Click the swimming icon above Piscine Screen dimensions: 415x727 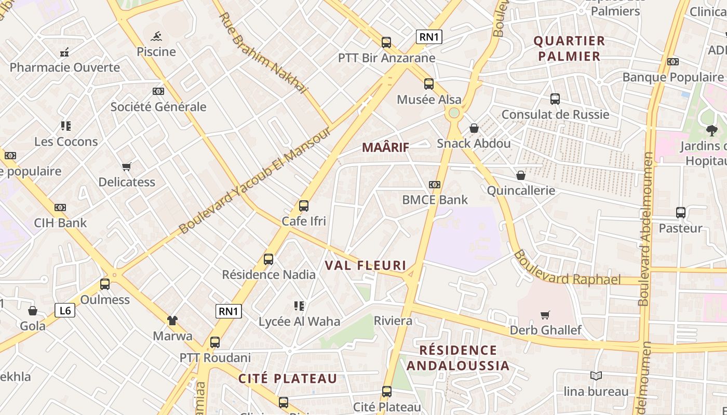click(156, 36)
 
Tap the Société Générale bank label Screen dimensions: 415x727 click(158, 107)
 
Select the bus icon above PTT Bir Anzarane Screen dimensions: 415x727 click(386, 43)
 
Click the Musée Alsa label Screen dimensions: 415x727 click(429, 100)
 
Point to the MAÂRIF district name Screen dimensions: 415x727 click(385, 147)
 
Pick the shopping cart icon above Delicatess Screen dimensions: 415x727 click(127, 167)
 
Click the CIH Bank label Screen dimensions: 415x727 click(60, 223)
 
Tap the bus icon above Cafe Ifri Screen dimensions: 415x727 click(304, 206)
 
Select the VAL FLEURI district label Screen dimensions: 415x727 click(366, 266)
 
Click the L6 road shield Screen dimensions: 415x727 click(65, 311)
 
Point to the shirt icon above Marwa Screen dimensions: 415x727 click(172, 321)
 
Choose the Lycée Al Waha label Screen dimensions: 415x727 click(299, 322)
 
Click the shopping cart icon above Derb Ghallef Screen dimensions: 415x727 click(545, 315)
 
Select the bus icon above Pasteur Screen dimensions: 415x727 click(680, 213)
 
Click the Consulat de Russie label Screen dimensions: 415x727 click(555, 115)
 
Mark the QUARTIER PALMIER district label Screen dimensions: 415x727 click(569, 48)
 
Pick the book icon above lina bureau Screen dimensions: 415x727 click(596, 376)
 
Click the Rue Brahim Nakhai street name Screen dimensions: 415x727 click(263, 53)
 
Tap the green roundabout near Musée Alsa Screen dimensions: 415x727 click(454, 113)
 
